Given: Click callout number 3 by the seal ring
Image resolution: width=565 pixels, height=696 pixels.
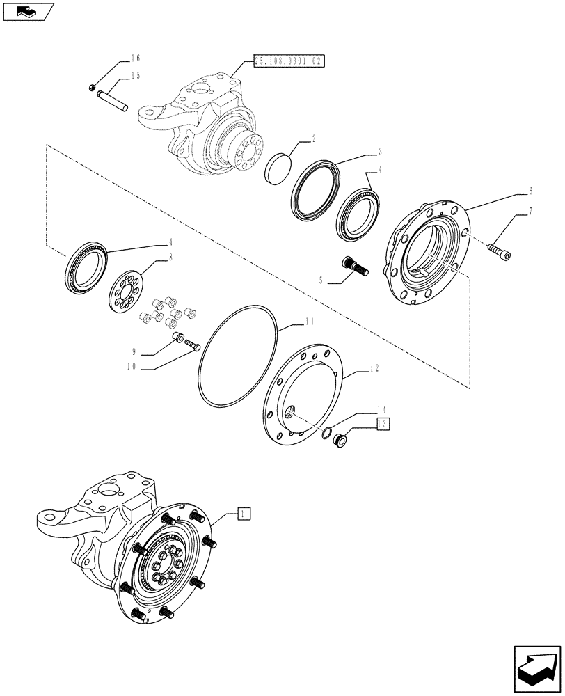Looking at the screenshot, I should (x=380, y=151).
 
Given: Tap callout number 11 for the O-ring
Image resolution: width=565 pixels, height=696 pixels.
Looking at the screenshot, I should (x=308, y=323).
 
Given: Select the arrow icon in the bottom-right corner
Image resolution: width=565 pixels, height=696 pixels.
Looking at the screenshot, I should (x=538, y=669).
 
